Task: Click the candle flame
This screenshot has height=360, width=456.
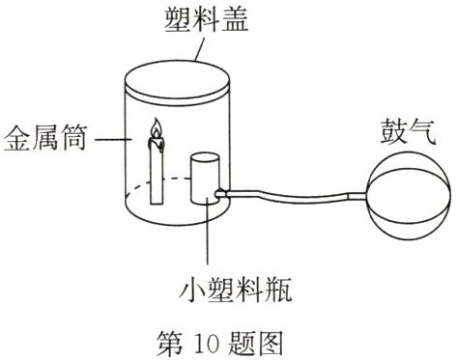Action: click(x=153, y=129)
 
